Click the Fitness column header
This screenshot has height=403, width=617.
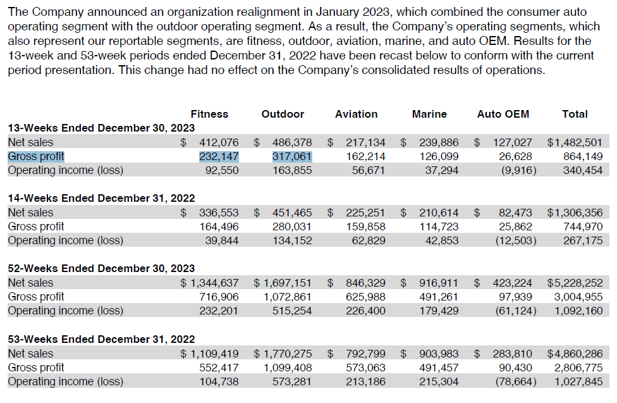pos(209,114)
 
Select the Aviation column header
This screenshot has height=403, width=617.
pos(356,114)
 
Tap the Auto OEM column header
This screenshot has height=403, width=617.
pos(503,114)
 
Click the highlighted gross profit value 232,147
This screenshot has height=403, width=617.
pos(219,156)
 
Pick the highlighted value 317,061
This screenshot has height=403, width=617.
pos(292,156)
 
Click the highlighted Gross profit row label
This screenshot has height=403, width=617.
pos(36,156)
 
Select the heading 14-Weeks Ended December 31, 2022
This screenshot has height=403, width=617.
pos(101,198)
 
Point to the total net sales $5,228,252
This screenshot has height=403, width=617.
pos(575,283)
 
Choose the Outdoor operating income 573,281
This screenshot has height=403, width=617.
pos(292,381)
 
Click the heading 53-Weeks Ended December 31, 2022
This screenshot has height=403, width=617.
pos(101,339)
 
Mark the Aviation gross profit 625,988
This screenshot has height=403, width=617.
pos(365,297)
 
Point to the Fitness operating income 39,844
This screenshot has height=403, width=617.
pos(222,240)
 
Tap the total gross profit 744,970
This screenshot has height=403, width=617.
pos(583,226)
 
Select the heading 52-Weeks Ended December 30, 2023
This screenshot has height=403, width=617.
pos(101,268)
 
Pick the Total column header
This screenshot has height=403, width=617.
pos(575,114)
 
